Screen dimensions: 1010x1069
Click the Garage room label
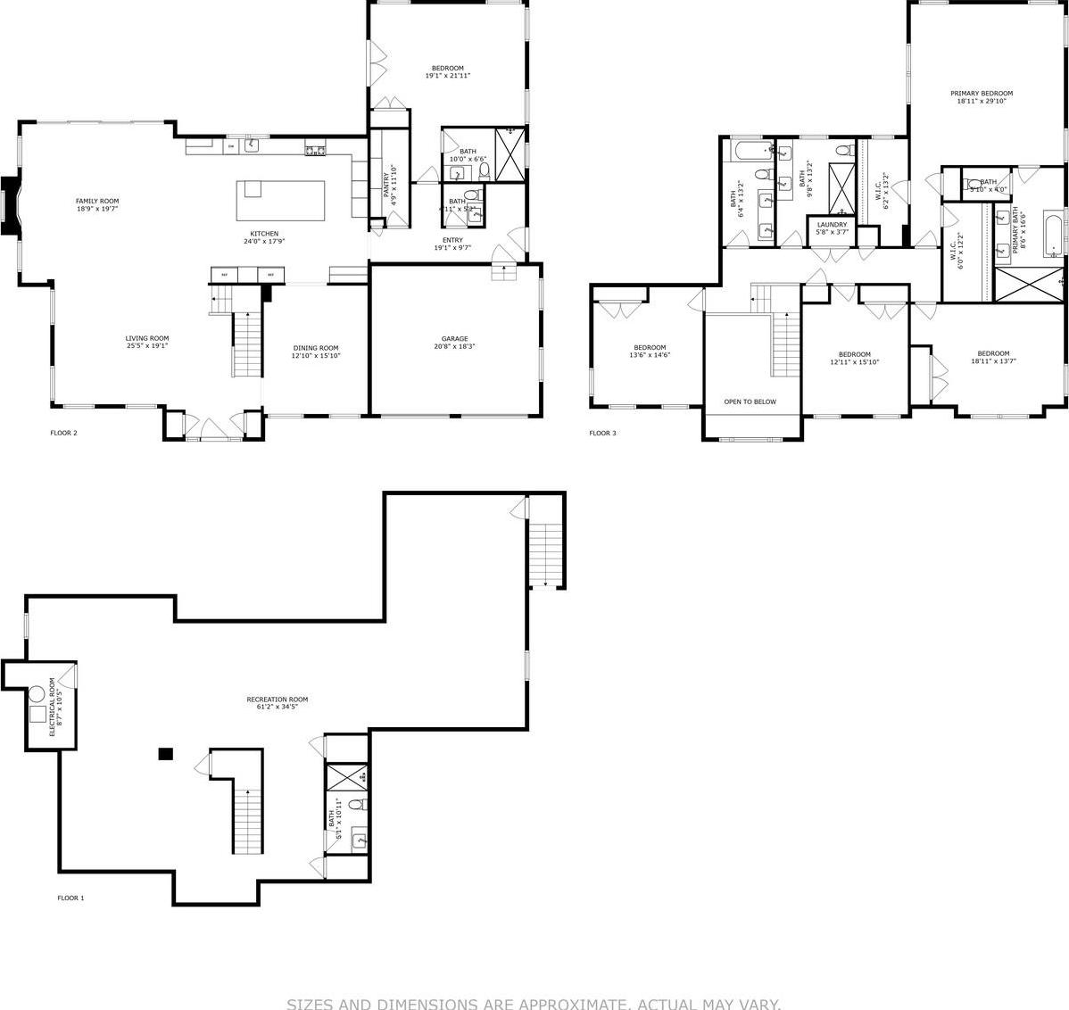pyautogui.click(x=454, y=339)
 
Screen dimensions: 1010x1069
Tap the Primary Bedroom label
pyautogui.click(x=982, y=94)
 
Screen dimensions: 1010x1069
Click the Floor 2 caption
pyautogui.click(x=63, y=434)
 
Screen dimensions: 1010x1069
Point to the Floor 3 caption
pyautogui.click(x=602, y=434)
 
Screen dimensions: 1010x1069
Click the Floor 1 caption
pyautogui.click(x=70, y=898)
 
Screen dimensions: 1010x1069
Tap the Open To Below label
pyautogui.click(x=750, y=402)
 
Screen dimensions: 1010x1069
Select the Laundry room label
pyautogui.click(x=832, y=225)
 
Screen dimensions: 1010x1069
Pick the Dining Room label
pyautogui.click(x=317, y=348)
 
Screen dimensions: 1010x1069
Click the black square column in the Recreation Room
pyautogui.click(x=165, y=754)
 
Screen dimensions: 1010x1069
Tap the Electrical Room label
pyautogui.click(x=53, y=707)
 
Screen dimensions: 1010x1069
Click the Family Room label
pyautogui.click(x=97, y=202)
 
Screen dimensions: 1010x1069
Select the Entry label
pyautogui.click(x=452, y=240)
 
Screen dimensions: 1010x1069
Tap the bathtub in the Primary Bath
pyautogui.click(x=1053, y=234)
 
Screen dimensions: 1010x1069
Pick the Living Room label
pyautogui.click(x=147, y=338)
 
